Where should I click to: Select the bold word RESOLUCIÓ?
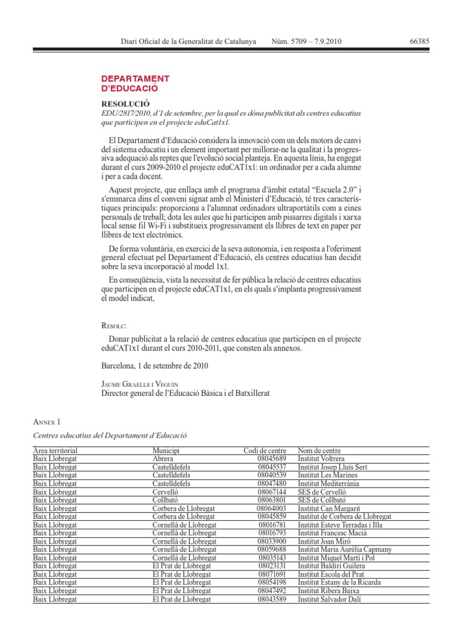point(125,104)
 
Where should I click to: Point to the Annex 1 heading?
point(46,421)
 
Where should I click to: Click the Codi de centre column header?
point(265,451)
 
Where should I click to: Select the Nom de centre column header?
point(319,451)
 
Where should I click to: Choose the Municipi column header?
point(166,451)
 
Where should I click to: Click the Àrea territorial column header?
point(55,451)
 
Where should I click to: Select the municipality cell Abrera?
point(163,459)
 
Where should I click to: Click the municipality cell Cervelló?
point(166,492)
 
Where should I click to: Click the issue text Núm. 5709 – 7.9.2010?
point(307,42)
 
